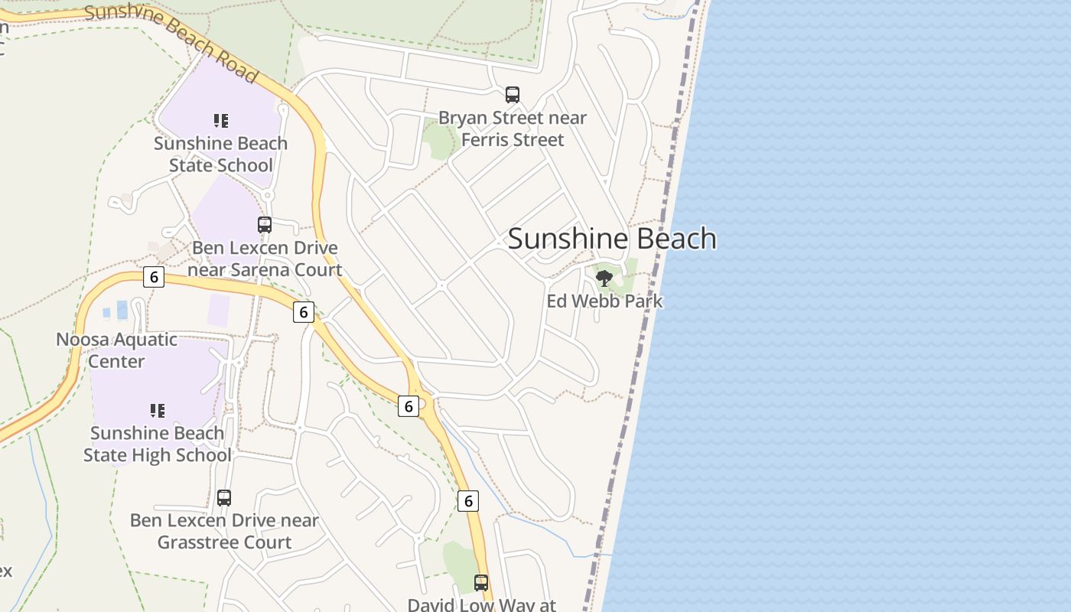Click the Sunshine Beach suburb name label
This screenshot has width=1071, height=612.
pyautogui.click(x=612, y=239)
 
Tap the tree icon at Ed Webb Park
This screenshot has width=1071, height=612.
pyautogui.click(x=604, y=278)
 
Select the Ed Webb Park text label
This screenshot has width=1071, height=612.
pyautogui.click(x=604, y=301)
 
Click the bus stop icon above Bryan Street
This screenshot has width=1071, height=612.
pyautogui.click(x=513, y=95)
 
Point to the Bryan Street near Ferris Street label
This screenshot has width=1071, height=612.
pyautogui.click(x=513, y=129)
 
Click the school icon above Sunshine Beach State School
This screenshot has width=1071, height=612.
pyautogui.click(x=221, y=120)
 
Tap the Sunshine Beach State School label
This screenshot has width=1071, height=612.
pyautogui.click(x=220, y=155)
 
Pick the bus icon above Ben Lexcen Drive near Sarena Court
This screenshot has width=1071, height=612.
pyautogui.click(x=265, y=225)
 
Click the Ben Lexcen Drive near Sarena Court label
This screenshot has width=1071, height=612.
pyautogui.click(x=265, y=259)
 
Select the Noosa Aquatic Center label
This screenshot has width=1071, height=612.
pyautogui.click(x=116, y=350)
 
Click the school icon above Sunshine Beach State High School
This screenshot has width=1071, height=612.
pyautogui.click(x=158, y=411)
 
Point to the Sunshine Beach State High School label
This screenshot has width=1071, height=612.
pyautogui.click(x=157, y=444)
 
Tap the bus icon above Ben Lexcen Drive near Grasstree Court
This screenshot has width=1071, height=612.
pyautogui.click(x=224, y=498)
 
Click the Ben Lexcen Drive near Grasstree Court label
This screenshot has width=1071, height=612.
pyautogui.click(x=224, y=531)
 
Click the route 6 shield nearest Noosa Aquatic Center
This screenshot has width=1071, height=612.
pyautogui.click(x=154, y=277)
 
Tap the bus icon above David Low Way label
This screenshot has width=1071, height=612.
pyautogui.click(x=481, y=583)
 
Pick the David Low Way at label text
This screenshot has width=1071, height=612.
pyautogui.click(x=481, y=604)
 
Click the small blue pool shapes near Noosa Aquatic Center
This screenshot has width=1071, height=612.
pyautogui.click(x=116, y=311)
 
